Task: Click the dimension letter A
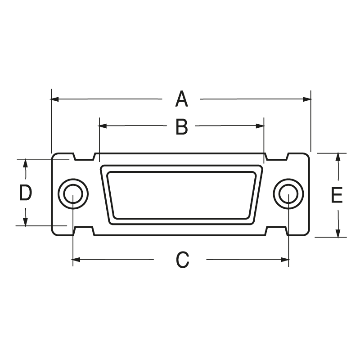pyautogui.click(x=181, y=99)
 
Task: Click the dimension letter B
pyautogui.click(x=181, y=127)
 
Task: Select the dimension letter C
pyautogui.click(x=181, y=260)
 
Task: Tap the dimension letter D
pyautogui.click(x=25, y=193)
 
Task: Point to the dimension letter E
pyautogui.click(x=337, y=195)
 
